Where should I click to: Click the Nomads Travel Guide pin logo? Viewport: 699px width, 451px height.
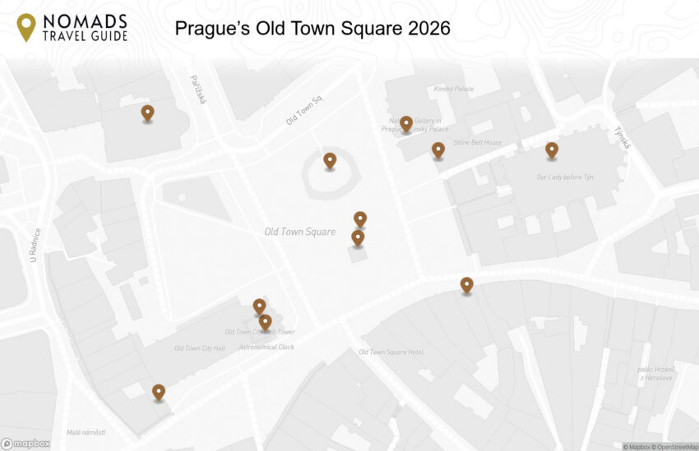click(x=26, y=27)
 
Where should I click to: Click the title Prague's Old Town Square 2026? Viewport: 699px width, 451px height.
click(x=312, y=29)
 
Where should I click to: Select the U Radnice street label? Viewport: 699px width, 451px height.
click(x=35, y=245)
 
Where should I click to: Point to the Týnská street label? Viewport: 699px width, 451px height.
click(x=622, y=137)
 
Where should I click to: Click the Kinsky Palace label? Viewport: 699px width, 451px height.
click(x=454, y=89)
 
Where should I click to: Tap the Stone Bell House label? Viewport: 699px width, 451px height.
click(x=477, y=142)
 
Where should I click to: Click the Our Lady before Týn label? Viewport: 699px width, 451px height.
click(x=565, y=177)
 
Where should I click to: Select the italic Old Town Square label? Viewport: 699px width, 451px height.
click(x=299, y=232)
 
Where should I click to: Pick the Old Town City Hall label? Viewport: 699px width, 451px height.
click(x=199, y=348)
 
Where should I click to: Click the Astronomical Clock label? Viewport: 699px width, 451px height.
click(x=266, y=347)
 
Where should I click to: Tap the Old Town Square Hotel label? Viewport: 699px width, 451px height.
click(x=391, y=352)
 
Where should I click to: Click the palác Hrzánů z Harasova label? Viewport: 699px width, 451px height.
click(x=656, y=374)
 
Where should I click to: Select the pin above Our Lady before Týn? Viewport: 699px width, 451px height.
click(x=552, y=150)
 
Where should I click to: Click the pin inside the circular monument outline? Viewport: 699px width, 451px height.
click(x=330, y=160)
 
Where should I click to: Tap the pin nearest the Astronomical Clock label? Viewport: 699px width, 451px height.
click(x=265, y=322)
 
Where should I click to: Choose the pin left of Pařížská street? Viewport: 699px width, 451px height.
click(x=147, y=113)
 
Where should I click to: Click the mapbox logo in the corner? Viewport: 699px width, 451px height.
click(x=25, y=444)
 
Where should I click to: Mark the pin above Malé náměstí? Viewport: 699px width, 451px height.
click(x=159, y=393)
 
